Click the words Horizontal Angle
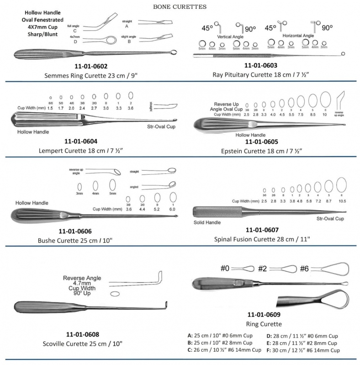point(299,35)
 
